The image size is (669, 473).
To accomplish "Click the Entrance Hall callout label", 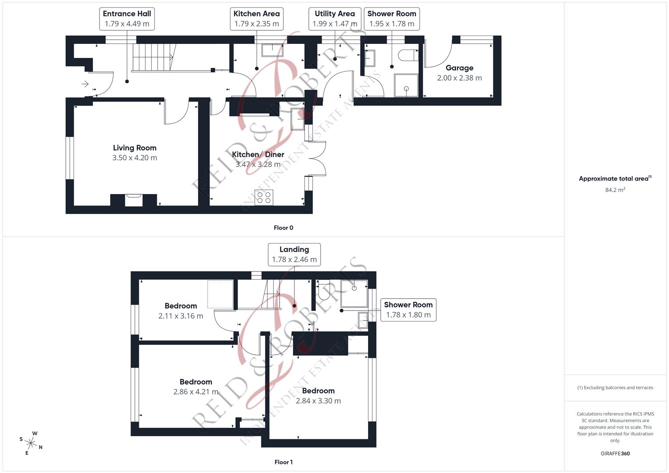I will [x=127, y=18].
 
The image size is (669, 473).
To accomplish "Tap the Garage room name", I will [x=459, y=68].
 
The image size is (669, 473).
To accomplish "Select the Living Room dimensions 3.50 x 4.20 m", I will [x=135, y=158].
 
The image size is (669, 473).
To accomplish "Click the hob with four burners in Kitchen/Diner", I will [x=264, y=198].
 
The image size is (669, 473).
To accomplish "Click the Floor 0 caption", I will [x=283, y=228].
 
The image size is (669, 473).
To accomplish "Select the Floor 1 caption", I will [x=283, y=462].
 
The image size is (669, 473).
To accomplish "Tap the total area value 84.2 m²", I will [x=615, y=190].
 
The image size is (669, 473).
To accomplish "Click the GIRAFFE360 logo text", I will [x=615, y=454].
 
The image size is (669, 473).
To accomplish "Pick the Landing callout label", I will [x=294, y=254].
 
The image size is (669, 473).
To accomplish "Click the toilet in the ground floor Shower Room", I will [x=408, y=55].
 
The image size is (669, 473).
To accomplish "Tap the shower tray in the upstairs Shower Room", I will [x=354, y=293].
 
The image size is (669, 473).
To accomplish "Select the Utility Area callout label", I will [x=335, y=18].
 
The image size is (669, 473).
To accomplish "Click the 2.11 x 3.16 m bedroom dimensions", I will [x=181, y=316].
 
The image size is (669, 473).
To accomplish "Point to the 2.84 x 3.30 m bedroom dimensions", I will [x=318, y=401].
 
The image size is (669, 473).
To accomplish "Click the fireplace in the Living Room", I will [x=134, y=200].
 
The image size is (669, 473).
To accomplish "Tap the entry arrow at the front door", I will [x=85, y=84].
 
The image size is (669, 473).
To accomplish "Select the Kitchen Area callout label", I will [x=256, y=18].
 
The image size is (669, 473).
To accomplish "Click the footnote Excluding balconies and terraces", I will [x=615, y=388].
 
